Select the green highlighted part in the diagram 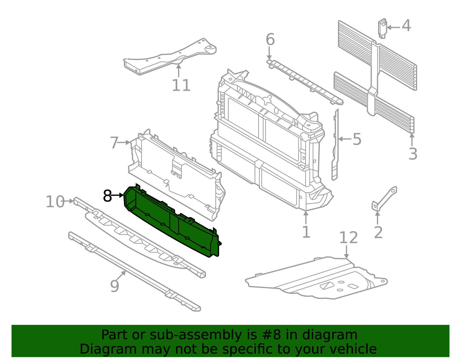(172, 220)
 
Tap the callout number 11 (181, 85)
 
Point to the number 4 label (406, 26)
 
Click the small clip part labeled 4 (382, 29)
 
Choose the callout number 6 (270, 39)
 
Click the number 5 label (357, 140)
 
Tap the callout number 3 (413, 154)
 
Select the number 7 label (114, 143)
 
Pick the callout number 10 (55, 201)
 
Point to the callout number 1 (306, 232)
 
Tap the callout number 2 (379, 233)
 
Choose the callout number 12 (349, 238)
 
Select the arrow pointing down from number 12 (346, 252)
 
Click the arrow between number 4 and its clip (393, 28)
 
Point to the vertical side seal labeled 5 (335, 145)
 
